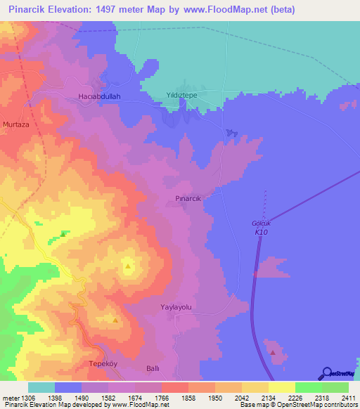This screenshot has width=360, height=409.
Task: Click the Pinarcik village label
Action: point(188,199)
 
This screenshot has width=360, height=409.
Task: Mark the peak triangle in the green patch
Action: point(63,234)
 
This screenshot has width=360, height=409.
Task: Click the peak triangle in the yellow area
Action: point(128,266)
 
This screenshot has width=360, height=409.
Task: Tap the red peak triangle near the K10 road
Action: point(272,351)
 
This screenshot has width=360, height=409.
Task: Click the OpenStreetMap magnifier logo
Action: point(326,372)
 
